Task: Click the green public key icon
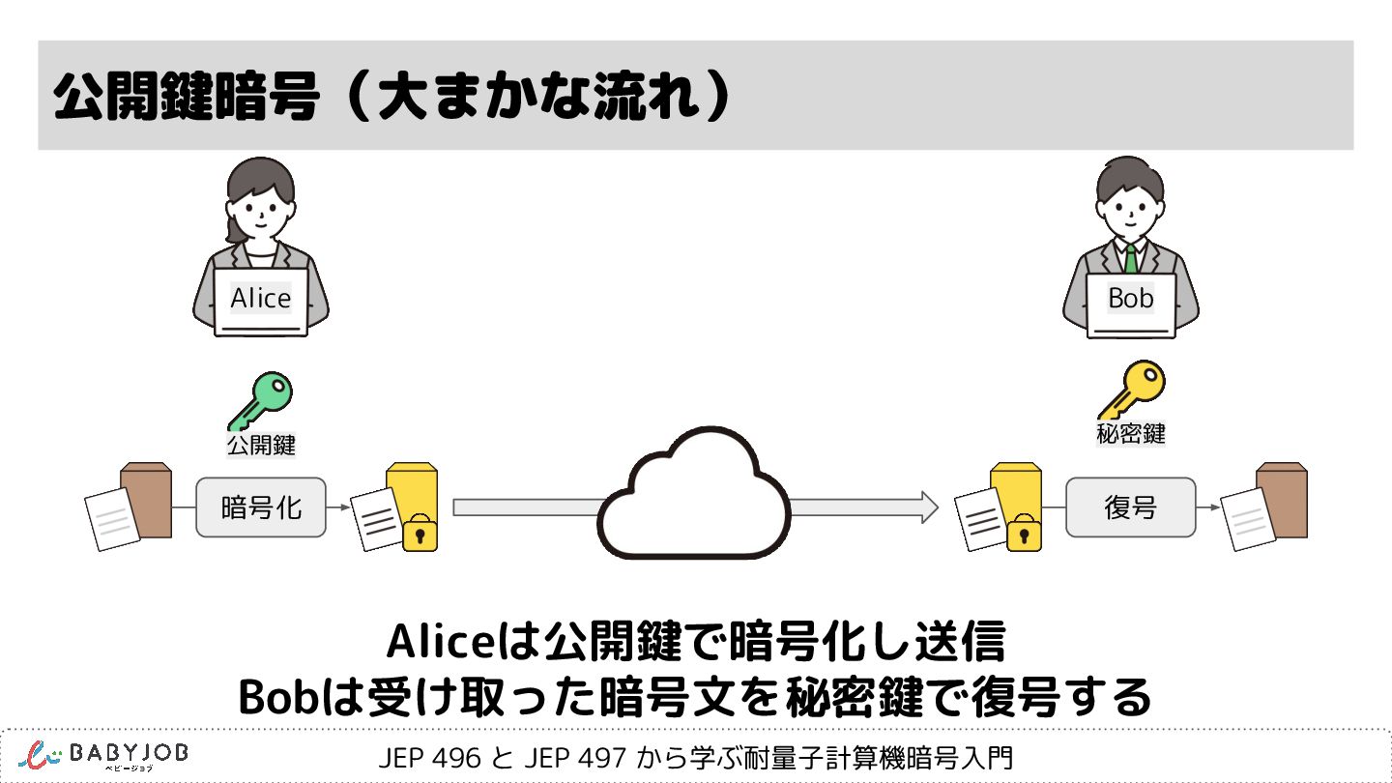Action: coord(260,401)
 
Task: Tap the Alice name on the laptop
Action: coord(261,299)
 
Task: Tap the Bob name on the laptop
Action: coord(1131,299)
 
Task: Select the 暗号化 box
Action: coord(261,507)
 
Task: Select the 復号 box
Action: coord(1130,507)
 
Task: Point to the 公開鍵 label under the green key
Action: coord(261,446)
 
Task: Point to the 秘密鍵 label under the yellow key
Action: coord(1131,434)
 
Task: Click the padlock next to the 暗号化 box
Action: coord(420,534)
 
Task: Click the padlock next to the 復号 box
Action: coord(1025,534)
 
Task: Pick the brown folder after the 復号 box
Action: coord(1282,500)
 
